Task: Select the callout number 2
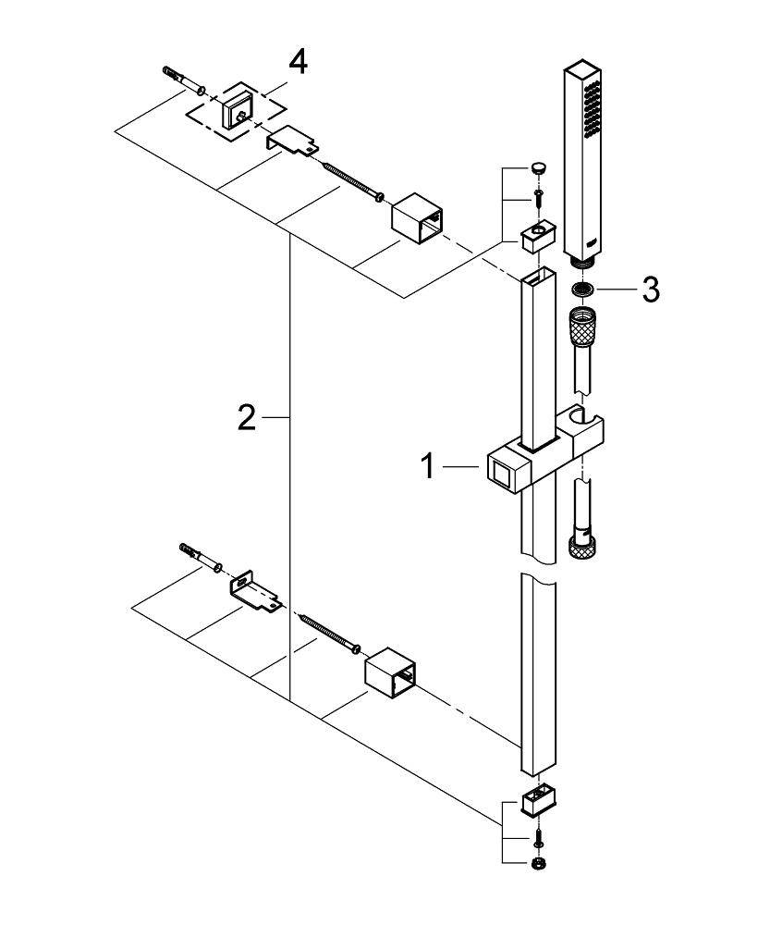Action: point(246,418)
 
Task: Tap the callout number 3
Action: point(651,290)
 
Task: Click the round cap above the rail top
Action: point(538,168)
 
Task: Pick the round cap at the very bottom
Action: point(537,863)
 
